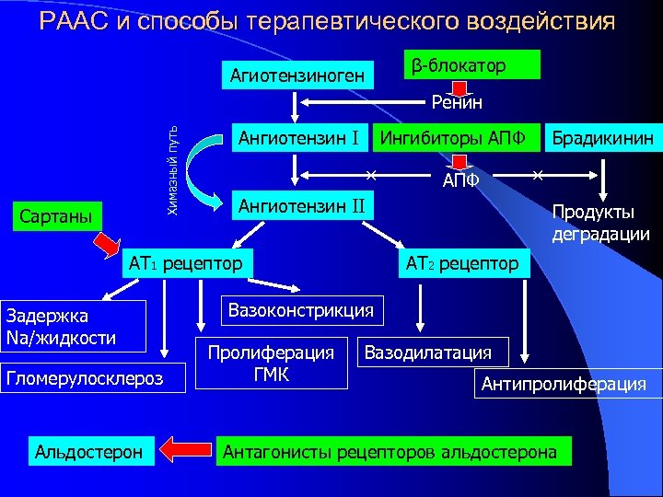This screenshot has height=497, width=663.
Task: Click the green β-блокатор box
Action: tap(471, 65)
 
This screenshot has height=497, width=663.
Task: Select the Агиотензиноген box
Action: tap(297, 75)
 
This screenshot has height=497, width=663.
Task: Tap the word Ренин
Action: tap(457, 103)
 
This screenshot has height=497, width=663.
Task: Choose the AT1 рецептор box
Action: tap(186, 263)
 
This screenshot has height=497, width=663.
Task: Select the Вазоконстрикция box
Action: tap(300, 310)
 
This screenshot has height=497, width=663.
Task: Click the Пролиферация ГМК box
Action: tap(271, 363)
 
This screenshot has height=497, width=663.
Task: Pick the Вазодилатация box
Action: tap(428, 352)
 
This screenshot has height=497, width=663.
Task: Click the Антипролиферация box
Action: tap(564, 384)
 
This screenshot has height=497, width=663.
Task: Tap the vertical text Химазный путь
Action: tap(172, 170)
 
